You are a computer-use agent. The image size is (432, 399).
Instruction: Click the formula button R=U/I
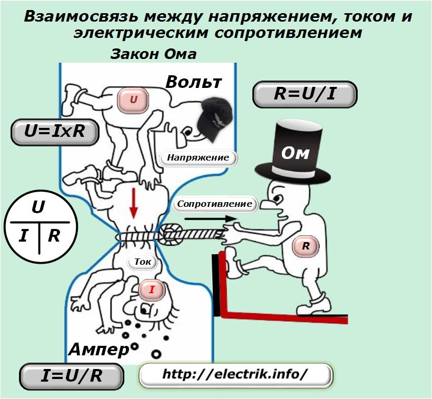tap(305, 94)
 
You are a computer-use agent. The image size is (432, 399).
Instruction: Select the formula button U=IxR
tap(55, 132)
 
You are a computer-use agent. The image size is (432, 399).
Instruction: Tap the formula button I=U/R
tap(71, 376)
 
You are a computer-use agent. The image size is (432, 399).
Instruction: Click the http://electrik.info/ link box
tap(236, 375)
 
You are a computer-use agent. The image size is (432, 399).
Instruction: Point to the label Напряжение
tap(199, 158)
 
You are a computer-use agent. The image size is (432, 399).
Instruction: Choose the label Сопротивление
tap(214, 204)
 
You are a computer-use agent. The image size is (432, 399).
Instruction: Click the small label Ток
tap(142, 262)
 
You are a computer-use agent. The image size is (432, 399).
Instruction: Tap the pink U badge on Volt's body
tap(133, 99)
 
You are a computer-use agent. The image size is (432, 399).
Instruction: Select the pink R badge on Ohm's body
tap(306, 246)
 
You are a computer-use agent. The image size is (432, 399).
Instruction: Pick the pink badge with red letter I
tap(152, 290)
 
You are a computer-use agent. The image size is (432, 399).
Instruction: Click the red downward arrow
tap(134, 203)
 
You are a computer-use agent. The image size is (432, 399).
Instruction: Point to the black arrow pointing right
tap(211, 219)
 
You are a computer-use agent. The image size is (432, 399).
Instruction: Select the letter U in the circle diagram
tap(38, 207)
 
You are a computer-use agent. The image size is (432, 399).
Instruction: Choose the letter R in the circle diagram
tap(54, 236)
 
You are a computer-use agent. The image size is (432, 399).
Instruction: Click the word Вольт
tap(194, 82)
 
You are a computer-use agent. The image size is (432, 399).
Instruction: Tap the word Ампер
tap(99, 350)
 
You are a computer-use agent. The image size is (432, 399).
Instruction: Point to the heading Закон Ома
tap(153, 54)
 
